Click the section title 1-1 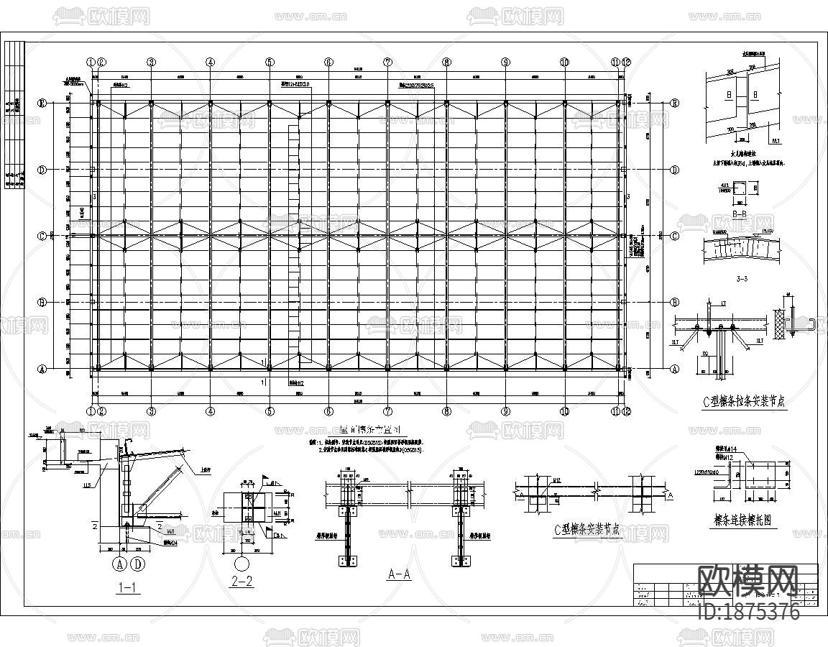point(127,587)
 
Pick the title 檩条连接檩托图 point(741,520)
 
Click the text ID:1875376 point(748,612)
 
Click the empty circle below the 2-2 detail point(242,561)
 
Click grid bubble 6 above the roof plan point(328,63)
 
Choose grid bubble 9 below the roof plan point(506,411)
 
